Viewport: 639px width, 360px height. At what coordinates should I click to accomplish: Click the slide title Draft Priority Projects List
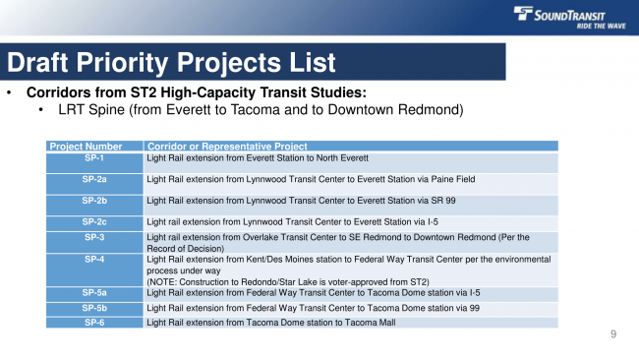[172, 63]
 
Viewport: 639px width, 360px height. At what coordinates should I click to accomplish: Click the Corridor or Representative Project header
[226, 147]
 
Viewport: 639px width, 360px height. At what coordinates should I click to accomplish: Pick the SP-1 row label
[94, 157]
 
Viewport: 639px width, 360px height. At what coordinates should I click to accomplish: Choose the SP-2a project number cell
[94, 179]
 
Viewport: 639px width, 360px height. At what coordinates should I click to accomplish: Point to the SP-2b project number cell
[94, 201]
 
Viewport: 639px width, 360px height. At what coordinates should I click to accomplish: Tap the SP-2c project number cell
[94, 222]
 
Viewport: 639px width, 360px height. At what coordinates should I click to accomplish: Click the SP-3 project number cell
[94, 237]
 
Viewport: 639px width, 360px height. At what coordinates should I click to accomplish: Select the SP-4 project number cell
[94, 259]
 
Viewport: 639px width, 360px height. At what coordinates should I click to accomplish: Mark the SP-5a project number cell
[94, 292]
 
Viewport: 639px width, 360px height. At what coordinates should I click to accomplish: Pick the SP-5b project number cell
[94, 308]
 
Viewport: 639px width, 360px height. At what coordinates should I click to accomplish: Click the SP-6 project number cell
[94, 322]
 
